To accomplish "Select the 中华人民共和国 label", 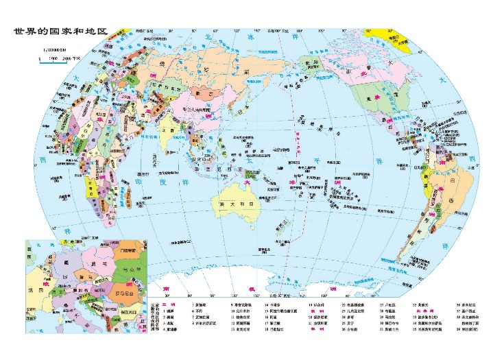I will click(193, 110).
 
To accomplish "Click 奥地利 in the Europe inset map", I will click(77, 290).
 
